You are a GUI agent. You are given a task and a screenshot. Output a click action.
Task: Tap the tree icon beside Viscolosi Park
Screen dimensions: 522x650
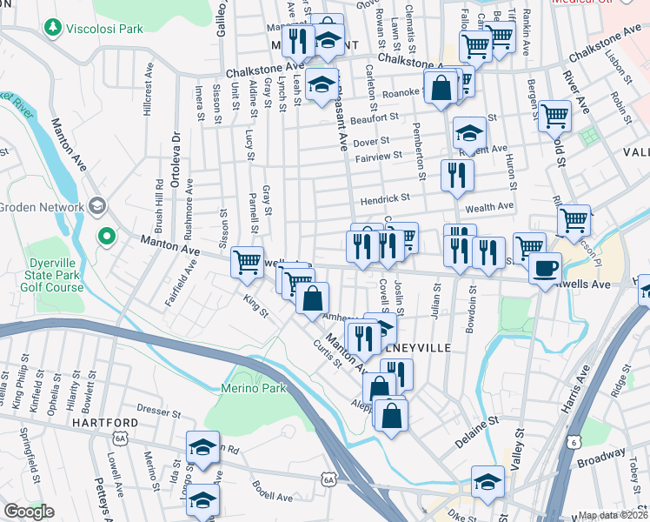coord(54,29)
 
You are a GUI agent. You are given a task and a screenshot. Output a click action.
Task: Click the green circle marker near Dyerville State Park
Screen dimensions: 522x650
coord(107,236)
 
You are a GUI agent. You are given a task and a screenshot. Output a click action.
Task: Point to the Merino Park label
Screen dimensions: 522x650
coord(254,387)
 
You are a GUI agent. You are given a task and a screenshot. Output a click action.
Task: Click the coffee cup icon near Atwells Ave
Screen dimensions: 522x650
coord(545,268)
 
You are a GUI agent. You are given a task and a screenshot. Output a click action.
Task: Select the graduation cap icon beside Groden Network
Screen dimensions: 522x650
coord(96,206)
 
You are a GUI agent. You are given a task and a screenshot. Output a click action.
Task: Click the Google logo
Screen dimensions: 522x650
coord(29,512)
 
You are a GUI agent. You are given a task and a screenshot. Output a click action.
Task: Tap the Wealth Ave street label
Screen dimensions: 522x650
coord(490,206)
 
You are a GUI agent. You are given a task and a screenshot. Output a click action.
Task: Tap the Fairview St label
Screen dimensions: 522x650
coord(378,157)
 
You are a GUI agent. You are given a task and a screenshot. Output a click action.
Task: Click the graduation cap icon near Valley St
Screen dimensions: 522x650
coord(487,481)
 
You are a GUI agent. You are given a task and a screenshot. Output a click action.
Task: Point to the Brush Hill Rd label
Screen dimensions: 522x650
coord(159,206)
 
